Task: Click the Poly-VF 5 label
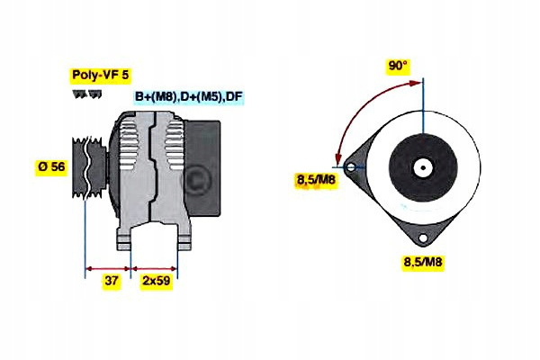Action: click(101, 75)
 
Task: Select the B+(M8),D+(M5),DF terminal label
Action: click(189, 96)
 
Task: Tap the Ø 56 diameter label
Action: click(51, 166)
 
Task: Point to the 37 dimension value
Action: click(111, 281)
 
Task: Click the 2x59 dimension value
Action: click(157, 281)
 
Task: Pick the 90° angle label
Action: click(398, 66)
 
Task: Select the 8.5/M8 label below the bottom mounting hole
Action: click(423, 262)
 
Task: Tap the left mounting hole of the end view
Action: click(351, 167)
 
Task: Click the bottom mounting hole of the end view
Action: click(423, 238)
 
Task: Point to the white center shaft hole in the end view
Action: click(423, 167)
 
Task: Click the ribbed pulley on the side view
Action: click(89, 167)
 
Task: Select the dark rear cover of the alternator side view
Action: click(202, 168)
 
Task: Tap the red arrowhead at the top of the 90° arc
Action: click(415, 83)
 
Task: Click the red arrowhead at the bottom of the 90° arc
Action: click(338, 158)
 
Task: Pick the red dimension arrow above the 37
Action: click(108, 269)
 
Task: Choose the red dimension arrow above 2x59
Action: click(154, 268)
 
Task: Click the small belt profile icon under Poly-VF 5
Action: click(87, 94)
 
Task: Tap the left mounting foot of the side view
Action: click(124, 239)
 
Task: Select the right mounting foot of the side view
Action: click(184, 239)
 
